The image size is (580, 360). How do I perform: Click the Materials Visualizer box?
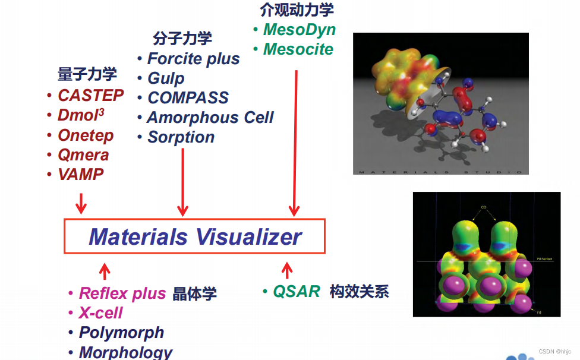tap(195, 236)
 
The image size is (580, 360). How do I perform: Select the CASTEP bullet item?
tap(90, 96)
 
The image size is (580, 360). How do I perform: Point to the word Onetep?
tap(86, 135)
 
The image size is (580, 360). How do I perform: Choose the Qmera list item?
tap(83, 155)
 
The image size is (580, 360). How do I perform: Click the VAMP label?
tap(81, 175)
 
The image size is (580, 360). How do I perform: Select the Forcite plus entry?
tap(193, 59)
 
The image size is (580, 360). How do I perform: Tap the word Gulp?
tap(166, 78)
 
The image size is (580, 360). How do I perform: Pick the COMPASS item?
tap(188, 98)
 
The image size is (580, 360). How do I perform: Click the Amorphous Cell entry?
tap(210, 118)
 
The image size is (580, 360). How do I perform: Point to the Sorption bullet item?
tap(181, 137)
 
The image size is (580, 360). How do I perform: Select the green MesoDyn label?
tap(299, 30)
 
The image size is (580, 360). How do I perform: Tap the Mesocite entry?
tap(298, 49)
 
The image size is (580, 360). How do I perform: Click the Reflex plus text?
tap(122, 293)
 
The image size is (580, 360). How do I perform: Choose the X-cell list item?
tap(100, 313)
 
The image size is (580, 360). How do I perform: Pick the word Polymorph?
tap(121, 333)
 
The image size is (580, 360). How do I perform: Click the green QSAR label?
tap(297, 292)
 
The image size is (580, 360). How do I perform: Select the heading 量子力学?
tap(87, 74)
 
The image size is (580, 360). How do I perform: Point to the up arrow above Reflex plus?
tap(105, 271)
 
